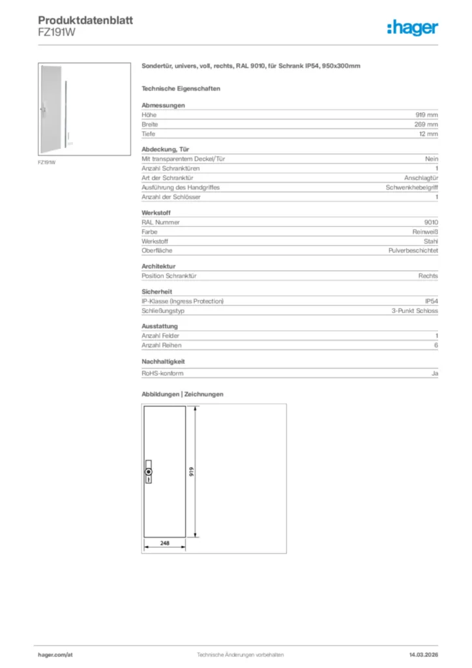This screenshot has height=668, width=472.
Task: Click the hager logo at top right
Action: click(413, 27)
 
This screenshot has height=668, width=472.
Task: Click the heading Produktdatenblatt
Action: click(85, 21)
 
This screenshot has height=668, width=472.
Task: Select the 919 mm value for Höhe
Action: click(427, 115)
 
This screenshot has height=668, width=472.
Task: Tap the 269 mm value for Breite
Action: click(427, 124)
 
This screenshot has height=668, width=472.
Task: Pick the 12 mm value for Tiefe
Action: click(428, 134)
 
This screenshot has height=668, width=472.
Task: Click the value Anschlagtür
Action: click(421, 177)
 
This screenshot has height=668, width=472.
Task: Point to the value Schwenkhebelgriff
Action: click(412, 187)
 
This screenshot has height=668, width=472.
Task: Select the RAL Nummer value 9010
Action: click(431, 222)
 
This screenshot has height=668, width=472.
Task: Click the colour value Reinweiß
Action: click(425, 232)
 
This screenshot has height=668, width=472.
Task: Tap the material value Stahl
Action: click(430, 241)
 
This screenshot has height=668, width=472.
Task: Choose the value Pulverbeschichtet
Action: click(413, 250)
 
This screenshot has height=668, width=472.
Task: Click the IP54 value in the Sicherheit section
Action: click(431, 301)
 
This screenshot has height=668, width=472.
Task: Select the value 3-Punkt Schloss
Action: click(415, 311)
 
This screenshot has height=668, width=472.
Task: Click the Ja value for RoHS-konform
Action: click(434, 374)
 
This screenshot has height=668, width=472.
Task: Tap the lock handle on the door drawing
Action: click(149, 472)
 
